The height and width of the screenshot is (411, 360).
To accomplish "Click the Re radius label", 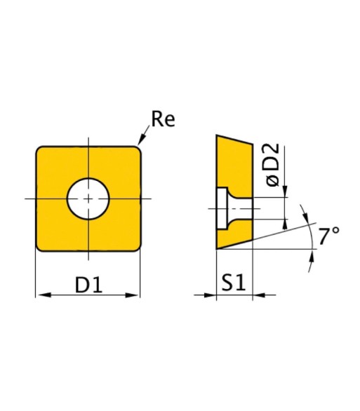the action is [163, 119].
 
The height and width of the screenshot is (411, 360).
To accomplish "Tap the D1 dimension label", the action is [88, 284].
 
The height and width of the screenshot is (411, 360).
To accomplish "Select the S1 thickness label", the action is [233, 283].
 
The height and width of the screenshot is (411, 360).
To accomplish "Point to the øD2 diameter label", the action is [272, 164].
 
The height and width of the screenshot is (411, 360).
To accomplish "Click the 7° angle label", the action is [328, 235].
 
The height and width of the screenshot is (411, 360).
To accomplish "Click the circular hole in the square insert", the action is [88, 198].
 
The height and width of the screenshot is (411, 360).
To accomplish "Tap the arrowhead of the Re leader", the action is [141, 139].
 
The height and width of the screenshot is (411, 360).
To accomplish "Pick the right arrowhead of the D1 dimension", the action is [133, 295].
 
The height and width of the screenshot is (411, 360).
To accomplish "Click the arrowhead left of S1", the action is [210, 295].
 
